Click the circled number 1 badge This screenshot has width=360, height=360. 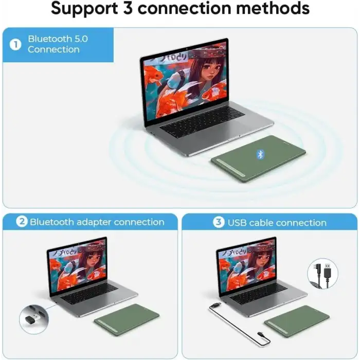[x=15, y=45]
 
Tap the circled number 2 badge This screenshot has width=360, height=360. [x=22, y=222]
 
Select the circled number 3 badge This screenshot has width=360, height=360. [x=219, y=223]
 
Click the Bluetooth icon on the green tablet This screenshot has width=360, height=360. [x=260, y=154]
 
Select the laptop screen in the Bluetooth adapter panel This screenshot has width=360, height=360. [x=77, y=267]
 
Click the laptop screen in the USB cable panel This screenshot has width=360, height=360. [x=246, y=267]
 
